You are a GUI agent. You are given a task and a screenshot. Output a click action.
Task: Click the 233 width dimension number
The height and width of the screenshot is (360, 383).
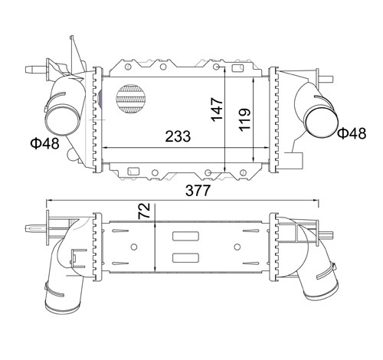pos(178,136)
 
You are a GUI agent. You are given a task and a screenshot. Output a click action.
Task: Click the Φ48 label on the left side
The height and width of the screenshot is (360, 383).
pos(43,142)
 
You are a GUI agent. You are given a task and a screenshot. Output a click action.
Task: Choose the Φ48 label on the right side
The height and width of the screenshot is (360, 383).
pos(352,133)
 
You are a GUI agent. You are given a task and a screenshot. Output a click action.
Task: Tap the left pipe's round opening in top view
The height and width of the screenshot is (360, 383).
pos(60,120)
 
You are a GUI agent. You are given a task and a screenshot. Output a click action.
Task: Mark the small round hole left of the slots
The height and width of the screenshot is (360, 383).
pos(134,247)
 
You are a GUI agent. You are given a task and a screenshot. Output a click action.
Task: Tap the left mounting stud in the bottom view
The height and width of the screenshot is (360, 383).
pos(34,228)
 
